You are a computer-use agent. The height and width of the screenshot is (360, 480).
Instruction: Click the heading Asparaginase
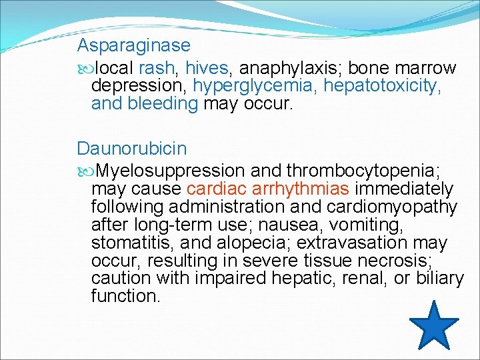133,46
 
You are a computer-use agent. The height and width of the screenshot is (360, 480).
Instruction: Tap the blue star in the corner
433,326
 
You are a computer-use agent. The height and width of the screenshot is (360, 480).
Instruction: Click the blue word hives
207,68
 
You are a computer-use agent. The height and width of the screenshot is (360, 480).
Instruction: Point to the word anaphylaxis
289,68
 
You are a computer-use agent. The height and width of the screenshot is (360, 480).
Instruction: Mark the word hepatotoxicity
383,86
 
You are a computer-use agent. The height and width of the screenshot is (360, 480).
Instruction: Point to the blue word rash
159,68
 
